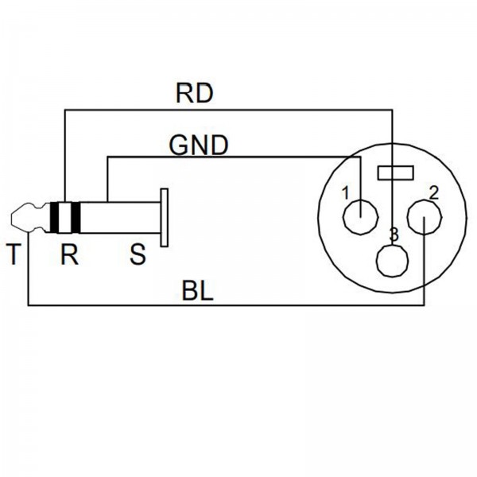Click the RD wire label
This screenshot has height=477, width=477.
click(x=193, y=95)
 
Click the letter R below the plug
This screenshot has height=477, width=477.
click(x=69, y=256)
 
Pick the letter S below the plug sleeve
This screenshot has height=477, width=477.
click(x=138, y=256)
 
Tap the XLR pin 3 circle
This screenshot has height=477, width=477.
click(x=392, y=260)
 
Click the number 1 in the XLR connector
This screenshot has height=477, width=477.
click(x=345, y=192)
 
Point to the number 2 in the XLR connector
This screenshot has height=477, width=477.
click(x=433, y=192)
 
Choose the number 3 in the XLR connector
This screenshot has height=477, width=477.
click(x=393, y=235)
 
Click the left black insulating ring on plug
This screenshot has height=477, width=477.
click(x=54, y=216)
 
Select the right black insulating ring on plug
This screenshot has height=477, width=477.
click(x=76, y=216)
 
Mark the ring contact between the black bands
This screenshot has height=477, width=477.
click(x=64, y=216)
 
